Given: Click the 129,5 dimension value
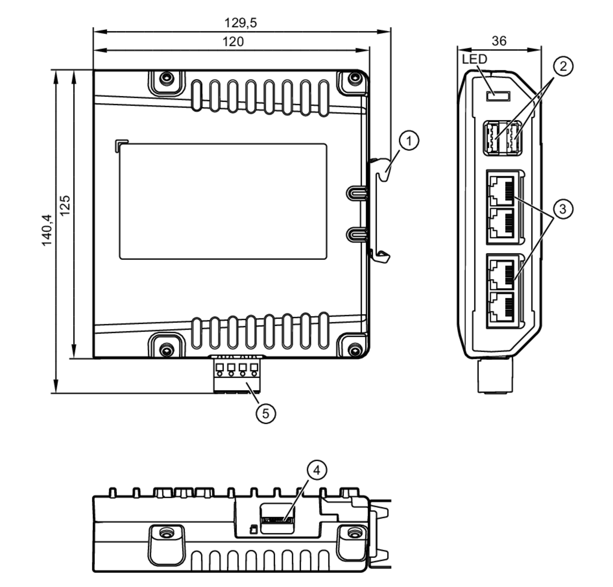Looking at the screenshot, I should pos(240,23).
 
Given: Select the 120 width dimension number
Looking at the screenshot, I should pos(233,42).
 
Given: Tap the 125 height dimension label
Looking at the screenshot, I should pos(65,206).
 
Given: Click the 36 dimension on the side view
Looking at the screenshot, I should pos(499,41).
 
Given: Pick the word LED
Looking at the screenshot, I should pos(474,59).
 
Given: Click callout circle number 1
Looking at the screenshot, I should pos(409,141).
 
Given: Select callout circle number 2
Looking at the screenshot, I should pos(563,66).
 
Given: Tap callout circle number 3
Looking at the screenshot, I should pos(563,209).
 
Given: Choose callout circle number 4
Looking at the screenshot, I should pos(317,470).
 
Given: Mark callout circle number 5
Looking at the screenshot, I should pos(266,413).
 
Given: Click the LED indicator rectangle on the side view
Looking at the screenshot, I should pos(498,96).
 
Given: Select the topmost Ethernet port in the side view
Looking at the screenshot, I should pos(501,191).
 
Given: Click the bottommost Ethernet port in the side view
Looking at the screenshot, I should pos(501,307).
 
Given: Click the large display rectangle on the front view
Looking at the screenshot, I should pos(223,202).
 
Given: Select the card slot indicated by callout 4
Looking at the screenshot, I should pos(277,520).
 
